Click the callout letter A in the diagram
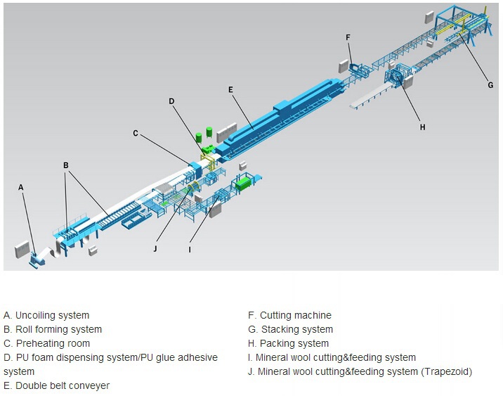(21, 187)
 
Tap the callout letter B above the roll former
(66, 165)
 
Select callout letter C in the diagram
(136, 133)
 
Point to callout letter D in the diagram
(171, 101)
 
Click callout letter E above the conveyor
(230, 89)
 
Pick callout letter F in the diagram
(348, 37)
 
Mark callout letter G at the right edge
(490, 85)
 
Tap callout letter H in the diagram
(422, 127)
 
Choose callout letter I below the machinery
(190, 250)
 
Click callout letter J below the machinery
(155, 248)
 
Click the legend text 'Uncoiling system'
(52, 315)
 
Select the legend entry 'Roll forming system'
(59, 329)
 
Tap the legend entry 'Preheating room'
(53, 343)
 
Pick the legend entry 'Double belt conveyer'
(63, 385)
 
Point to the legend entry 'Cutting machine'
(296, 315)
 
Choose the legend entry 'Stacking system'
(297, 329)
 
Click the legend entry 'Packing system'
(294, 343)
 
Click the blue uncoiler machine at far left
(36, 259)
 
